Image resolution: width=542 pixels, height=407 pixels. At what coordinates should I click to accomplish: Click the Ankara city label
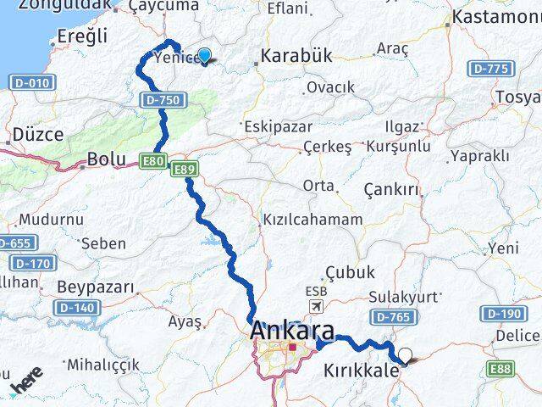(292, 331)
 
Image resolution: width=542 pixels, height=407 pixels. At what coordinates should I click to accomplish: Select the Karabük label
(296, 56)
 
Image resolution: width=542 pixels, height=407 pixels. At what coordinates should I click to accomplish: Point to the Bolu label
(107, 159)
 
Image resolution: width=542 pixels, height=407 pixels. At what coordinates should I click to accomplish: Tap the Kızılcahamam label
(312, 219)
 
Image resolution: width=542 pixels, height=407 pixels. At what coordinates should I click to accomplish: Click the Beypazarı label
(95, 287)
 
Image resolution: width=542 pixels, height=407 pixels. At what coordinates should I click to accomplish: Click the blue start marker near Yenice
(204, 56)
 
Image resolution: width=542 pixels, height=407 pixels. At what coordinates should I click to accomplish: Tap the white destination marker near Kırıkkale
(405, 356)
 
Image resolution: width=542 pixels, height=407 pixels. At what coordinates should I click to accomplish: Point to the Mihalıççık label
(103, 364)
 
